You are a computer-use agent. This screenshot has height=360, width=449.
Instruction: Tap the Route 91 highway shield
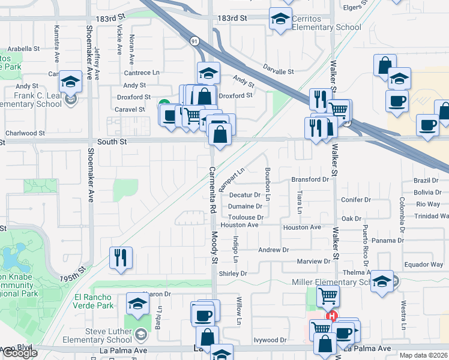point(194,41)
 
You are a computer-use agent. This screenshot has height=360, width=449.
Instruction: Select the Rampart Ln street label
point(232,179)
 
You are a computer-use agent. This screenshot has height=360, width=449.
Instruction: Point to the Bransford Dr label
point(310,179)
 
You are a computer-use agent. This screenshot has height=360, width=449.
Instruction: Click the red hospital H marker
point(330,316)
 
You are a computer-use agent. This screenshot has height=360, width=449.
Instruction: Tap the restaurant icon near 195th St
point(121,257)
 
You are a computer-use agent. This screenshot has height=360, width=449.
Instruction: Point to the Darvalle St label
point(278,71)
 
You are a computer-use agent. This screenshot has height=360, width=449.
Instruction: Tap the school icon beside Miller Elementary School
point(382,280)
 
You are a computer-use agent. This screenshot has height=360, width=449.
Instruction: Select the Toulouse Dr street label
point(246,217)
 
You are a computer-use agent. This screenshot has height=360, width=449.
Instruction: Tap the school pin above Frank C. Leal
point(71,81)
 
